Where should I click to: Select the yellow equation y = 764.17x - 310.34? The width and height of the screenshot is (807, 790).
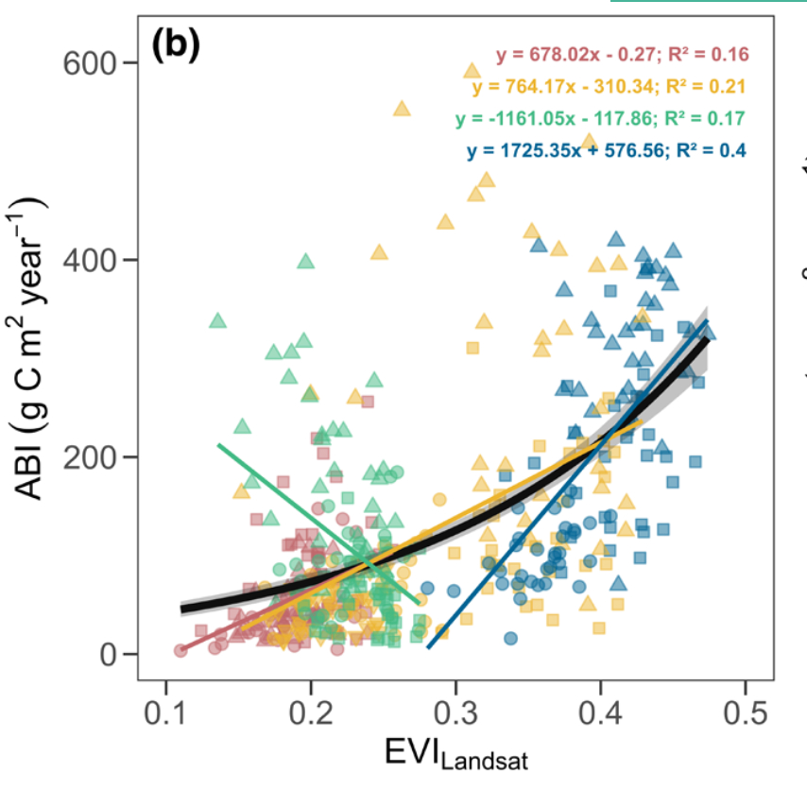click(x=610, y=87)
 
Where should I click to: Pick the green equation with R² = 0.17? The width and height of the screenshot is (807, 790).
click(x=599, y=118)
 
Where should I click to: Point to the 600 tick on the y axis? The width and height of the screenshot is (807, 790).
click(x=90, y=63)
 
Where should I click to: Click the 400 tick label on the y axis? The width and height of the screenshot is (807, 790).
click(x=90, y=260)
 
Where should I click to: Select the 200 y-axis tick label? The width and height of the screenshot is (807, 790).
click(x=90, y=457)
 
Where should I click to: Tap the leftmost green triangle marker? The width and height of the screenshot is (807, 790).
click(x=217, y=320)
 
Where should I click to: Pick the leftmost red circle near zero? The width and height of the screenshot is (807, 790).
click(x=180, y=650)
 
